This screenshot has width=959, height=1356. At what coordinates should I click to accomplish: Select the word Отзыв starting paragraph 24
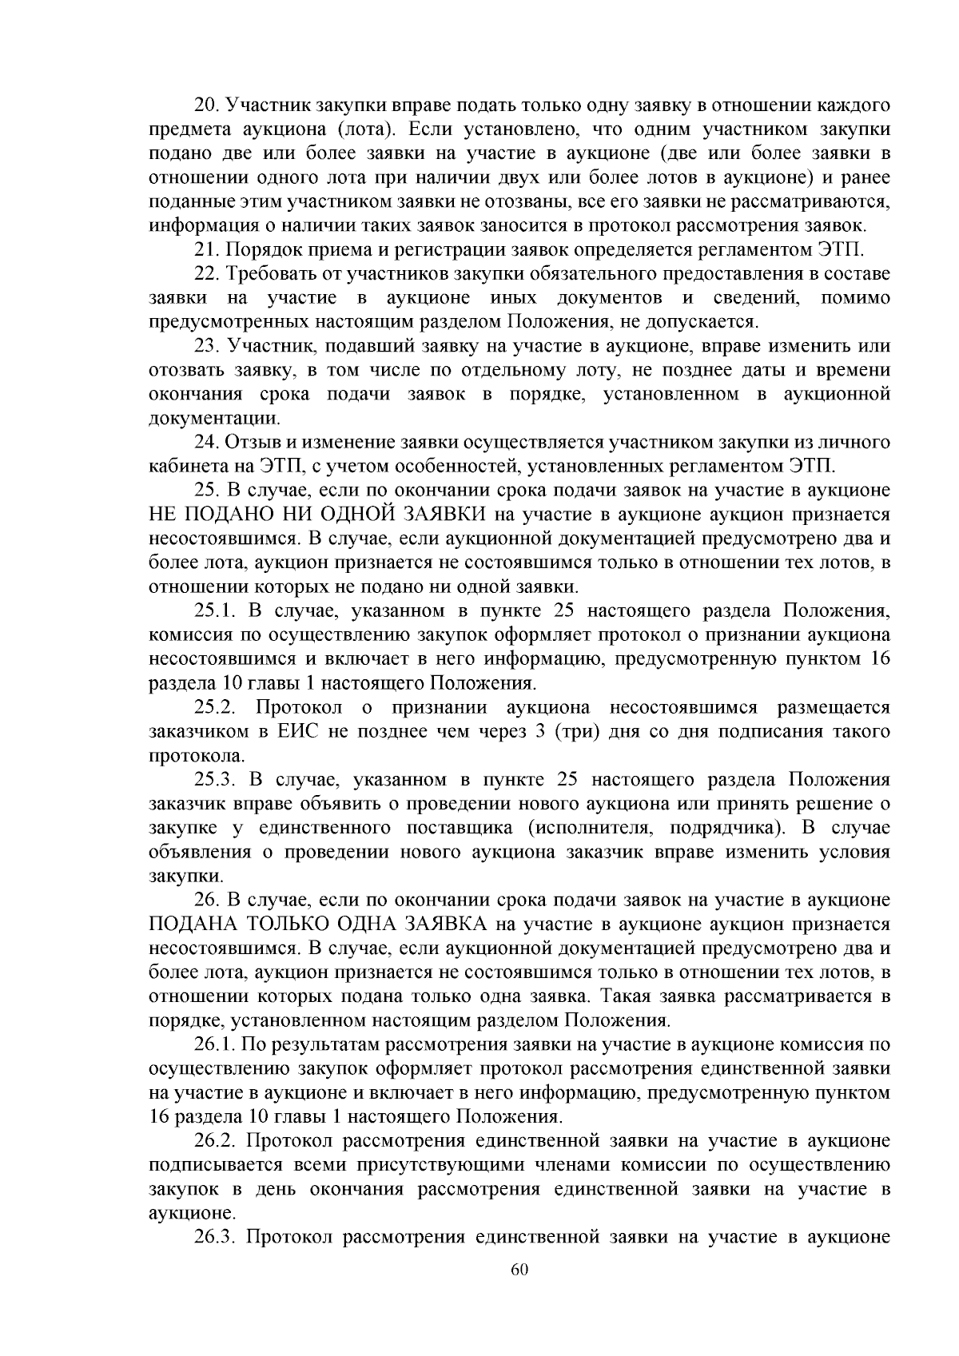click(x=249, y=442)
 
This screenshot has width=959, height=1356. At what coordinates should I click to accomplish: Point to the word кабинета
click(x=186, y=466)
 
